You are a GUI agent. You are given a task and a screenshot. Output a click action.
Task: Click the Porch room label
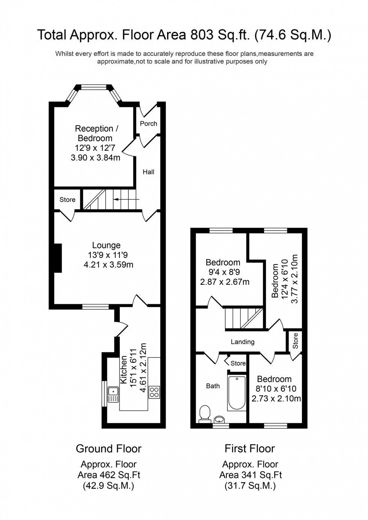(x=148, y=123)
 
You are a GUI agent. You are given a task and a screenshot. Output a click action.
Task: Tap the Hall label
(x=148, y=172)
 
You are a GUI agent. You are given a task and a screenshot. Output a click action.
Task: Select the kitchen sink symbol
(x=113, y=394)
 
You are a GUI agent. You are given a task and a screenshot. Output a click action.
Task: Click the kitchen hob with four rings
(x=154, y=392)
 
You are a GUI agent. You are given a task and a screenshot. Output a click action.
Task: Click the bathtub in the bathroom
(x=237, y=392)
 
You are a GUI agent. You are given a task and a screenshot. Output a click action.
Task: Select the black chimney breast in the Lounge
(x=57, y=258)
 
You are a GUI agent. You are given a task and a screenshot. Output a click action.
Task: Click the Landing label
(x=243, y=342)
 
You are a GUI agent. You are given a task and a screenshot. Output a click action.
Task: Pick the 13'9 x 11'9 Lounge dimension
(x=108, y=255)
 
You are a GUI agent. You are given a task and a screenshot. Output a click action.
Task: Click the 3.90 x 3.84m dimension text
(x=95, y=158)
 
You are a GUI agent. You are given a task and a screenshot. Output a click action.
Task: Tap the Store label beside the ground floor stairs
(x=68, y=200)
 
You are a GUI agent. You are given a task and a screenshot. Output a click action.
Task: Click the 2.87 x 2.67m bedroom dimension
(x=225, y=282)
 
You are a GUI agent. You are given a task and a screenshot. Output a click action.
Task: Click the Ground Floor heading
(x=109, y=448)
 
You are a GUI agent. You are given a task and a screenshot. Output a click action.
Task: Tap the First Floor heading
(x=250, y=448)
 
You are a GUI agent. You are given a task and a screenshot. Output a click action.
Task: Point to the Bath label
(x=213, y=386)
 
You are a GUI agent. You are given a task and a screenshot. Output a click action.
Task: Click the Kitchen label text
(x=123, y=370)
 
